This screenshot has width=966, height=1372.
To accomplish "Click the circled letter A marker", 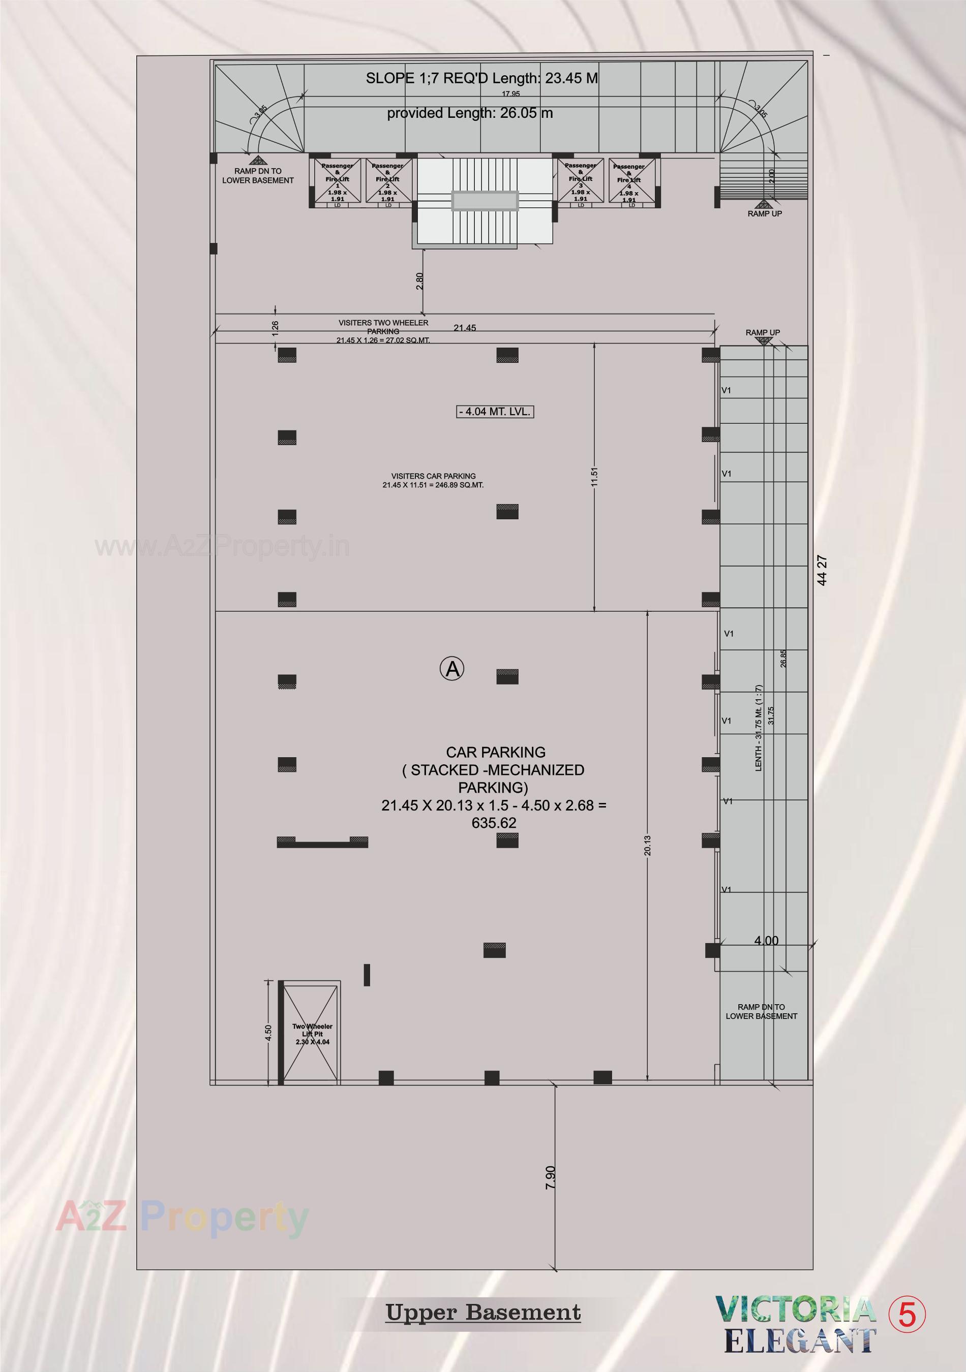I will point(452,668).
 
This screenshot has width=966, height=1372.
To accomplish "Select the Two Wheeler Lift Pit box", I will point(312,1033).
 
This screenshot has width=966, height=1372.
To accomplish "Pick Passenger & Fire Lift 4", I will point(629,182).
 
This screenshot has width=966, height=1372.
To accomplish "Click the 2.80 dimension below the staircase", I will point(419,281).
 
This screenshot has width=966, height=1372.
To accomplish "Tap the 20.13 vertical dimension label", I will point(648,846).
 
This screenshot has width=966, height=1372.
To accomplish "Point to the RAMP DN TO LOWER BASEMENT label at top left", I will point(258,176).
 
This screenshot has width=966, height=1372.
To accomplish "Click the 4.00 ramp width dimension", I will point(766,941).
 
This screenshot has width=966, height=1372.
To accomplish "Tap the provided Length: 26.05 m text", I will point(470,113).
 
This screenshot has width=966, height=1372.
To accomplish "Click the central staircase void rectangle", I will point(485,201).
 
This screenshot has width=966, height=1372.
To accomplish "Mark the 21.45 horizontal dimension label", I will point(465,327).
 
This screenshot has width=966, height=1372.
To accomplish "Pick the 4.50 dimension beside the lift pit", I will point(268,1033).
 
